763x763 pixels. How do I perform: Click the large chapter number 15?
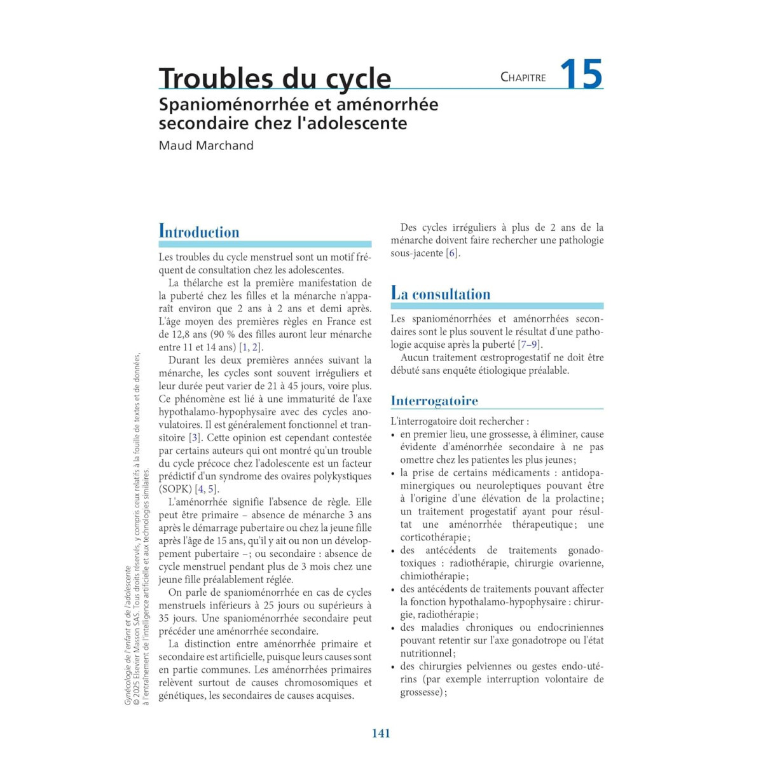point(581,74)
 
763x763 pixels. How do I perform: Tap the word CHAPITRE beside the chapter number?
point(523,78)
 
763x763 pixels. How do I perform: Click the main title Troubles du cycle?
point(275,78)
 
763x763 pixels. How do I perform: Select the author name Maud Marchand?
point(206,146)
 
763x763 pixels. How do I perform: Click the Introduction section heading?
point(199,232)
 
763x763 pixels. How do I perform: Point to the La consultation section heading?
point(441,294)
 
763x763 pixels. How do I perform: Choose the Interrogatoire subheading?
point(434,401)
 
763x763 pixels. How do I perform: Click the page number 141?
point(381,733)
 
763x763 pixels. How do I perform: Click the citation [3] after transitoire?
point(195,437)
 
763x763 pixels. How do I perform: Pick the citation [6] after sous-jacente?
point(452,253)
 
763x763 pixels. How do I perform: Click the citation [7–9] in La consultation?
point(530,345)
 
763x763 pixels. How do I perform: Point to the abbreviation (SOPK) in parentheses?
point(175,489)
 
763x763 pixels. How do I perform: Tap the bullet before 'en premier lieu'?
point(394,435)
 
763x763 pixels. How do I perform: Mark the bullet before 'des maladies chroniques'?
point(394,628)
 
